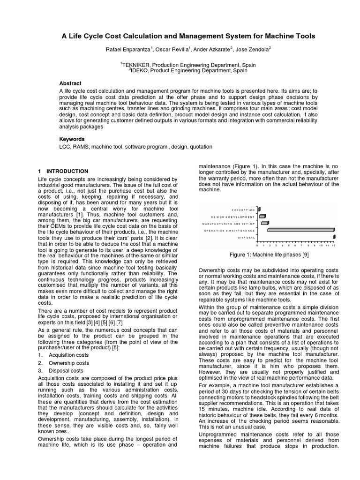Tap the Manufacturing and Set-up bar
pos(264,223)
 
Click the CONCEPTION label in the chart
pos(243,210)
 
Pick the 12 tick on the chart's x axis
pos(333,245)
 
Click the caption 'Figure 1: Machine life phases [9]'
pos(269,255)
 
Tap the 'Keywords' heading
pos(72,139)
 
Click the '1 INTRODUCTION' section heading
pos(62,172)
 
